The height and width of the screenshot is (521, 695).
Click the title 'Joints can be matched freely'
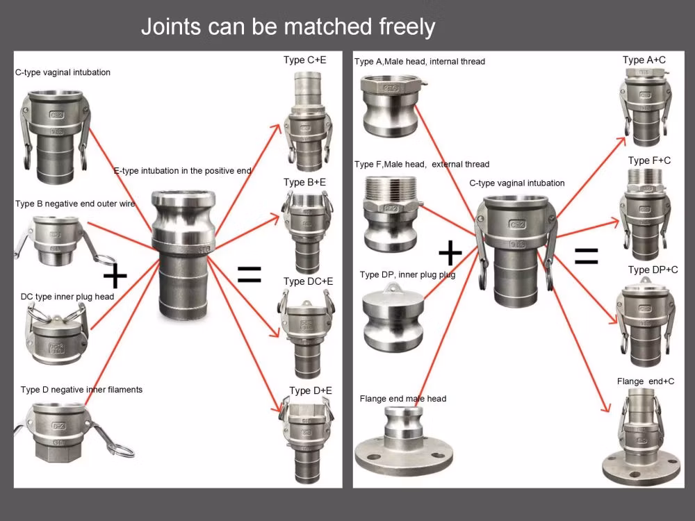288,27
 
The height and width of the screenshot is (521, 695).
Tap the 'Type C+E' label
304,60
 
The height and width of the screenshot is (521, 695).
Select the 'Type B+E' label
304,183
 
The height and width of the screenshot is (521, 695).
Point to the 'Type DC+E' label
308,281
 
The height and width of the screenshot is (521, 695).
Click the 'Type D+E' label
310,391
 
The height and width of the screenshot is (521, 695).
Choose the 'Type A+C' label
644,60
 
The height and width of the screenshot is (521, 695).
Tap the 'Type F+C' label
649,160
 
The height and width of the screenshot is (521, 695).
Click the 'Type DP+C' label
653,270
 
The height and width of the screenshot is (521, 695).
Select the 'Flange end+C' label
645,381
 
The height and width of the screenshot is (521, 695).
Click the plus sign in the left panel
115,277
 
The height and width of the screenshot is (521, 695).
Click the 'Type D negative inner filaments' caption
81,390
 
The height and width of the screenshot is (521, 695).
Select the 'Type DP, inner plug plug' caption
407,275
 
